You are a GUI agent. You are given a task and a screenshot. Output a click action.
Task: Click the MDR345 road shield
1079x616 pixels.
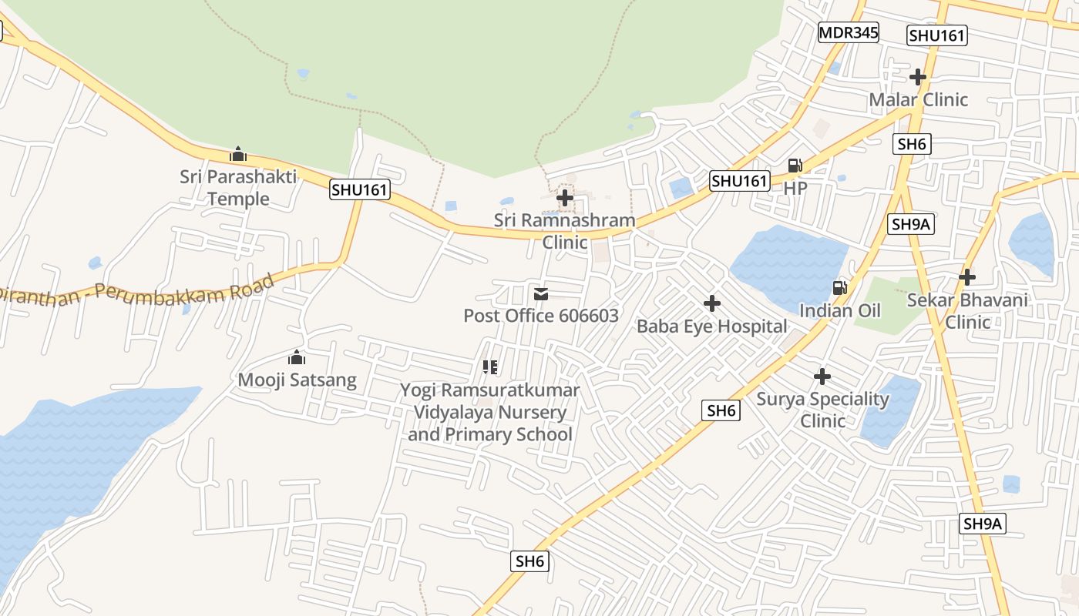(x=848, y=32)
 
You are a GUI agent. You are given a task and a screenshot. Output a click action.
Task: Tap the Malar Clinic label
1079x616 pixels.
(x=918, y=99)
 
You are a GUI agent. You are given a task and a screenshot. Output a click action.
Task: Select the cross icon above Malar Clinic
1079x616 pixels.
(x=917, y=77)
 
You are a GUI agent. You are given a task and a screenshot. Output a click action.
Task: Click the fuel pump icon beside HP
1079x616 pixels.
(x=795, y=165)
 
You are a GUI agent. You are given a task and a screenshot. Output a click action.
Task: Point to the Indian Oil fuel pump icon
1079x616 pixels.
(x=839, y=288)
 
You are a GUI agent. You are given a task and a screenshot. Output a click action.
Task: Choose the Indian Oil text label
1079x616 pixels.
(x=839, y=310)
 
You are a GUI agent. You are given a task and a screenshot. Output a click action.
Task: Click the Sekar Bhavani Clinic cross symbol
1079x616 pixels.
(x=967, y=276)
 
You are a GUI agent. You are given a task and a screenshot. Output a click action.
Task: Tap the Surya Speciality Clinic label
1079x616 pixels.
(x=822, y=410)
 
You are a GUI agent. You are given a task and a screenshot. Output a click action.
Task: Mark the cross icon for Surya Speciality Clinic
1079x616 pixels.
(x=822, y=377)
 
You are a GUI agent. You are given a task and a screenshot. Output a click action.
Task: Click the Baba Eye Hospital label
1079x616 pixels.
(x=711, y=326)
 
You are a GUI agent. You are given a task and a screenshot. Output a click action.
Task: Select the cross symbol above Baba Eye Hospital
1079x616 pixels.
(x=712, y=303)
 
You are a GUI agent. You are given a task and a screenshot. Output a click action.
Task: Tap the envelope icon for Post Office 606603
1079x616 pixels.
(x=541, y=293)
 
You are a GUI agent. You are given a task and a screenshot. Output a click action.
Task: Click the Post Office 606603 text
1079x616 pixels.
(x=540, y=316)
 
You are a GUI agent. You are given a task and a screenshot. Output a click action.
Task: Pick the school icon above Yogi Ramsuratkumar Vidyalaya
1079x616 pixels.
(x=490, y=367)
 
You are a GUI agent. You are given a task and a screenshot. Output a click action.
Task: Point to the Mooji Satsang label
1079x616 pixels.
(x=297, y=380)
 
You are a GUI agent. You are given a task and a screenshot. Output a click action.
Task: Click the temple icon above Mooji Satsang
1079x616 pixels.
(x=297, y=357)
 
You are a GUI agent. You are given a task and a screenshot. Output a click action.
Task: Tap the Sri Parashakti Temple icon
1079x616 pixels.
(x=238, y=154)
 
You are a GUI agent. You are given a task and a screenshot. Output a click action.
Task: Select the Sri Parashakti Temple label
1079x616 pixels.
(x=238, y=187)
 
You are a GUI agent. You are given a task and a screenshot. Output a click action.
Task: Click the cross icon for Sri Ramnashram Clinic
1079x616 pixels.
(x=565, y=198)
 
